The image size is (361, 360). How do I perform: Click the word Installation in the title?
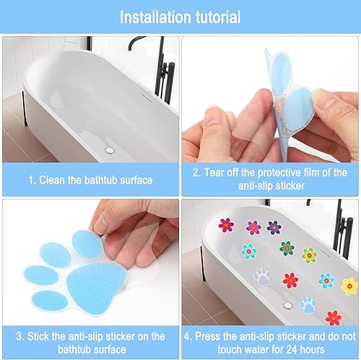pos(156,17)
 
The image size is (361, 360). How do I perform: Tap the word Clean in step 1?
pos(52,180)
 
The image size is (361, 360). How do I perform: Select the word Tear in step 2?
pos(214,173)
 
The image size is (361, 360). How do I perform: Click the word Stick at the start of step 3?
pos(38,336)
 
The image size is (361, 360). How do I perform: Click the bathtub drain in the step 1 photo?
pos(110,150)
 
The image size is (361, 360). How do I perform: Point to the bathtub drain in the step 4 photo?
pos(287,306)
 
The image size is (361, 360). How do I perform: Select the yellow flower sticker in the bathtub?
pos(349,286)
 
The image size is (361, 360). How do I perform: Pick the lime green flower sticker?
pos(310,255)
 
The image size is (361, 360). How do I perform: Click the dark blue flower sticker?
pos(274,228)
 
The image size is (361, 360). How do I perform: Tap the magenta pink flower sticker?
pos(226,225)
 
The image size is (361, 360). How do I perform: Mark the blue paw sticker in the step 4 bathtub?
pos(308,304)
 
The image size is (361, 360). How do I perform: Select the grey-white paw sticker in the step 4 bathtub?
pos(262,277)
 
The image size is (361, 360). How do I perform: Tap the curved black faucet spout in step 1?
pos(136,41)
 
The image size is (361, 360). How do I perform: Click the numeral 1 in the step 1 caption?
pos(31,181)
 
